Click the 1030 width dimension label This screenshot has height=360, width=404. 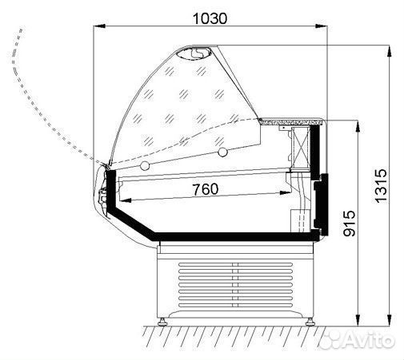pos(210,18)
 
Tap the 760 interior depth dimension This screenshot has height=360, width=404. pos(206,189)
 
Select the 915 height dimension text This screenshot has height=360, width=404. pos(350,224)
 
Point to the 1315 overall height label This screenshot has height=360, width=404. pos(381,186)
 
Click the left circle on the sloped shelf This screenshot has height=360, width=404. pos(145,165)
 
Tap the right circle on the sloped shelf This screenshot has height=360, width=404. pos(222,152)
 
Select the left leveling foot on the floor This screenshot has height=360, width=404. pos(162,322)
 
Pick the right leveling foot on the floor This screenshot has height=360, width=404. pos(310,322)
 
